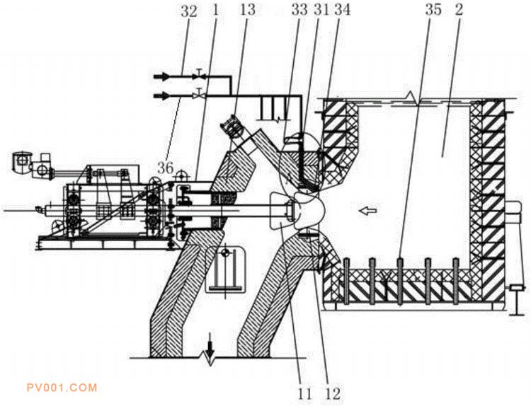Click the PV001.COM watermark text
(59, 388)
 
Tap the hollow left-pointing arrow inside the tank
(365, 209)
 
